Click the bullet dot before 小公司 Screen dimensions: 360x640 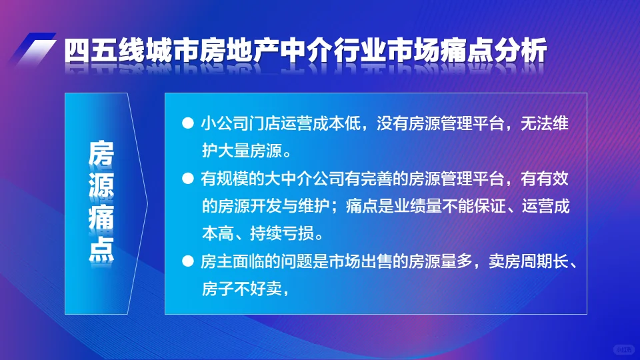tap(187, 124)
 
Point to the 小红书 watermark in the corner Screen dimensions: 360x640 tap(623, 349)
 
